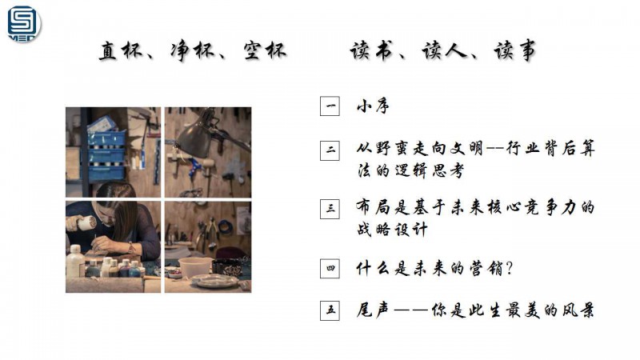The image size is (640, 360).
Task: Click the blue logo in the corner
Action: [24, 24]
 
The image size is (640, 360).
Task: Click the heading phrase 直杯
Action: [121, 51]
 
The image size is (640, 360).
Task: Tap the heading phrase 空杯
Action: [265, 51]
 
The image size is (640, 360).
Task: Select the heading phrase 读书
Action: [371, 51]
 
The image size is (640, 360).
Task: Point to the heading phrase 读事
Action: [514, 51]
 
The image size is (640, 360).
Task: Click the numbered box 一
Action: [330, 106]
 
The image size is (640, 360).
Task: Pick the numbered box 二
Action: [330, 150]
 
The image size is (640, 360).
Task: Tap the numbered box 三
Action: [330, 209]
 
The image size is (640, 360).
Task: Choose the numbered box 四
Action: [330, 268]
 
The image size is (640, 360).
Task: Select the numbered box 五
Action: [330, 310]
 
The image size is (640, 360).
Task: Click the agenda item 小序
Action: [373, 106]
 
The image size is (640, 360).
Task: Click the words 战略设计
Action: [392, 230]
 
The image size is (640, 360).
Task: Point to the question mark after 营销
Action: [509, 269]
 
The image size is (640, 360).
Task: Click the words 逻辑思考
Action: [429, 170]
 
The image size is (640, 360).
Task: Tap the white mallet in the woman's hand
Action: [86, 223]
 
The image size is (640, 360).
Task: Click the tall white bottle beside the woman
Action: [75, 262]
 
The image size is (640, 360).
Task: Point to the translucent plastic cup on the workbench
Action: [195, 267]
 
